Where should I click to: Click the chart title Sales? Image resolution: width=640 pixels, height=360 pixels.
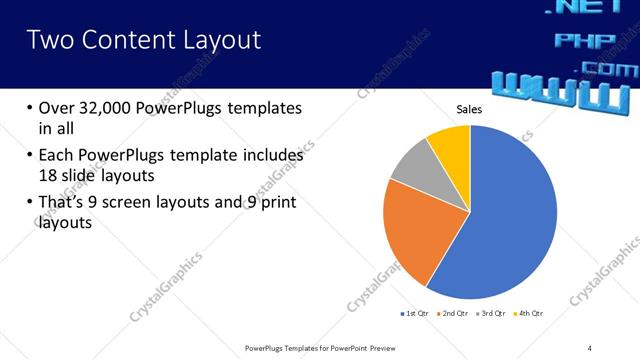pos(470,108)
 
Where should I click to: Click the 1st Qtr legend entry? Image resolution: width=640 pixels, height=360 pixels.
pos(416,313)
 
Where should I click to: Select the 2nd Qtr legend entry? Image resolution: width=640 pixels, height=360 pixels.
pos(455,313)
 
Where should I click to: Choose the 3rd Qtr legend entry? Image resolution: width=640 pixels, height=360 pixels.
pos(493,313)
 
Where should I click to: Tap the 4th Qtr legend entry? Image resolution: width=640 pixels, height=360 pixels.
pos(531,313)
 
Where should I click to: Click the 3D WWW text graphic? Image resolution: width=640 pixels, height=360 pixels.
pos(560,92)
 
